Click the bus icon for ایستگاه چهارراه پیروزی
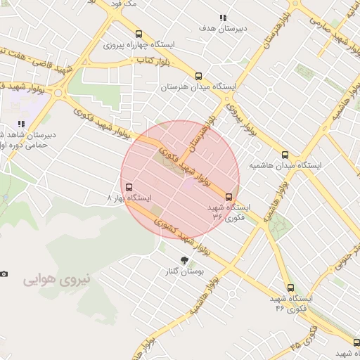[x=139, y=34]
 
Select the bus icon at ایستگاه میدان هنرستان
[x=198, y=76]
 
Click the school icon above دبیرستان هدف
[x=223, y=18]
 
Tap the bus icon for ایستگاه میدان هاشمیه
[x=284, y=155]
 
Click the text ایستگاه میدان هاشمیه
[x=285, y=166]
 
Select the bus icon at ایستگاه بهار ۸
[x=128, y=188]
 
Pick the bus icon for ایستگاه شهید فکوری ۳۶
[x=229, y=197]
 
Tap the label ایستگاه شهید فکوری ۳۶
[x=230, y=212]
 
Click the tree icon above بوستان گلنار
[x=186, y=260]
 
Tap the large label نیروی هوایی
[x=53, y=279]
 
